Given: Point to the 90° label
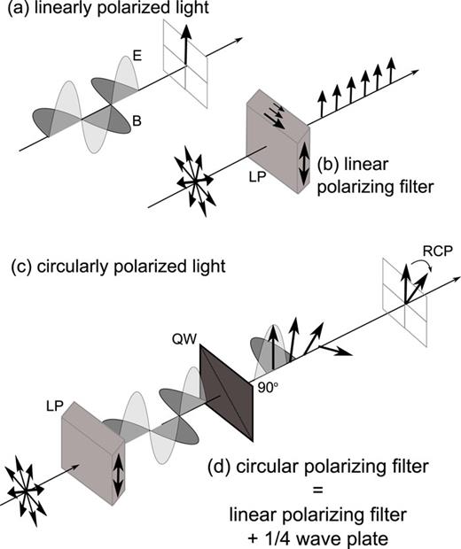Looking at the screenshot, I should [x=265, y=387].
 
